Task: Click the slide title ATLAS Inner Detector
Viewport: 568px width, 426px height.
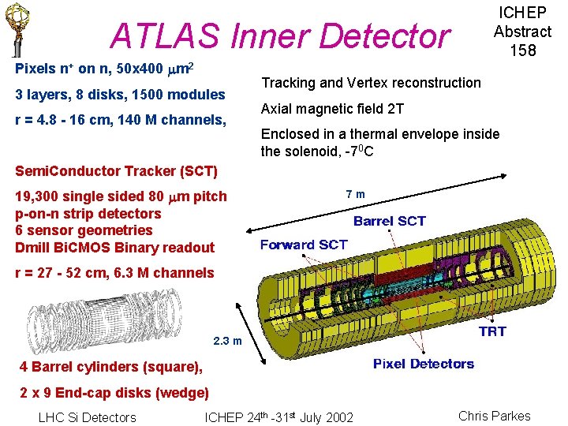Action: tap(280, 35)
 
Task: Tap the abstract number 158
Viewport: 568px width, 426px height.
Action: tap(522, 50)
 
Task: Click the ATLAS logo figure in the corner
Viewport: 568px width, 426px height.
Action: tap(14, 30)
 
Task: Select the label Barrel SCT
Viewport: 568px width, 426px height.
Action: tap(390, 221)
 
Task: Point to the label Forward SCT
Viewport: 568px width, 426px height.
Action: tap(304, 245)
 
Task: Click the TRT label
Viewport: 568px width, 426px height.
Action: tap(492, 331)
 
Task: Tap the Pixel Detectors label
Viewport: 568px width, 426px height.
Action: tap(424, 364)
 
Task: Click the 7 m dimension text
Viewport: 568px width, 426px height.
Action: tap(356, 194)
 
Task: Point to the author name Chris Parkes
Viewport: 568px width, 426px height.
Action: tap(495, 416)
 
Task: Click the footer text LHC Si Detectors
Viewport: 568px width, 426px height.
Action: tap(87, 417)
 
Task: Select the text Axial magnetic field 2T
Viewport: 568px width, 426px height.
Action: tap(332, 109)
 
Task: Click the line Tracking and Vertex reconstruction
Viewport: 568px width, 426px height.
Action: tap(371, 83)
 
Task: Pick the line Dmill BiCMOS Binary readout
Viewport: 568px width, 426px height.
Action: tap(114, 248)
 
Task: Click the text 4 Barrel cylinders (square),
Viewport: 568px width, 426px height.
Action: tap(111, 367)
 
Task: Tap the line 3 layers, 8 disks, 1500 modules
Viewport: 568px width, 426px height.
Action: tap(120, 95)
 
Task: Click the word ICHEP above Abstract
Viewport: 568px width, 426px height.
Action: tap(522, 13)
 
